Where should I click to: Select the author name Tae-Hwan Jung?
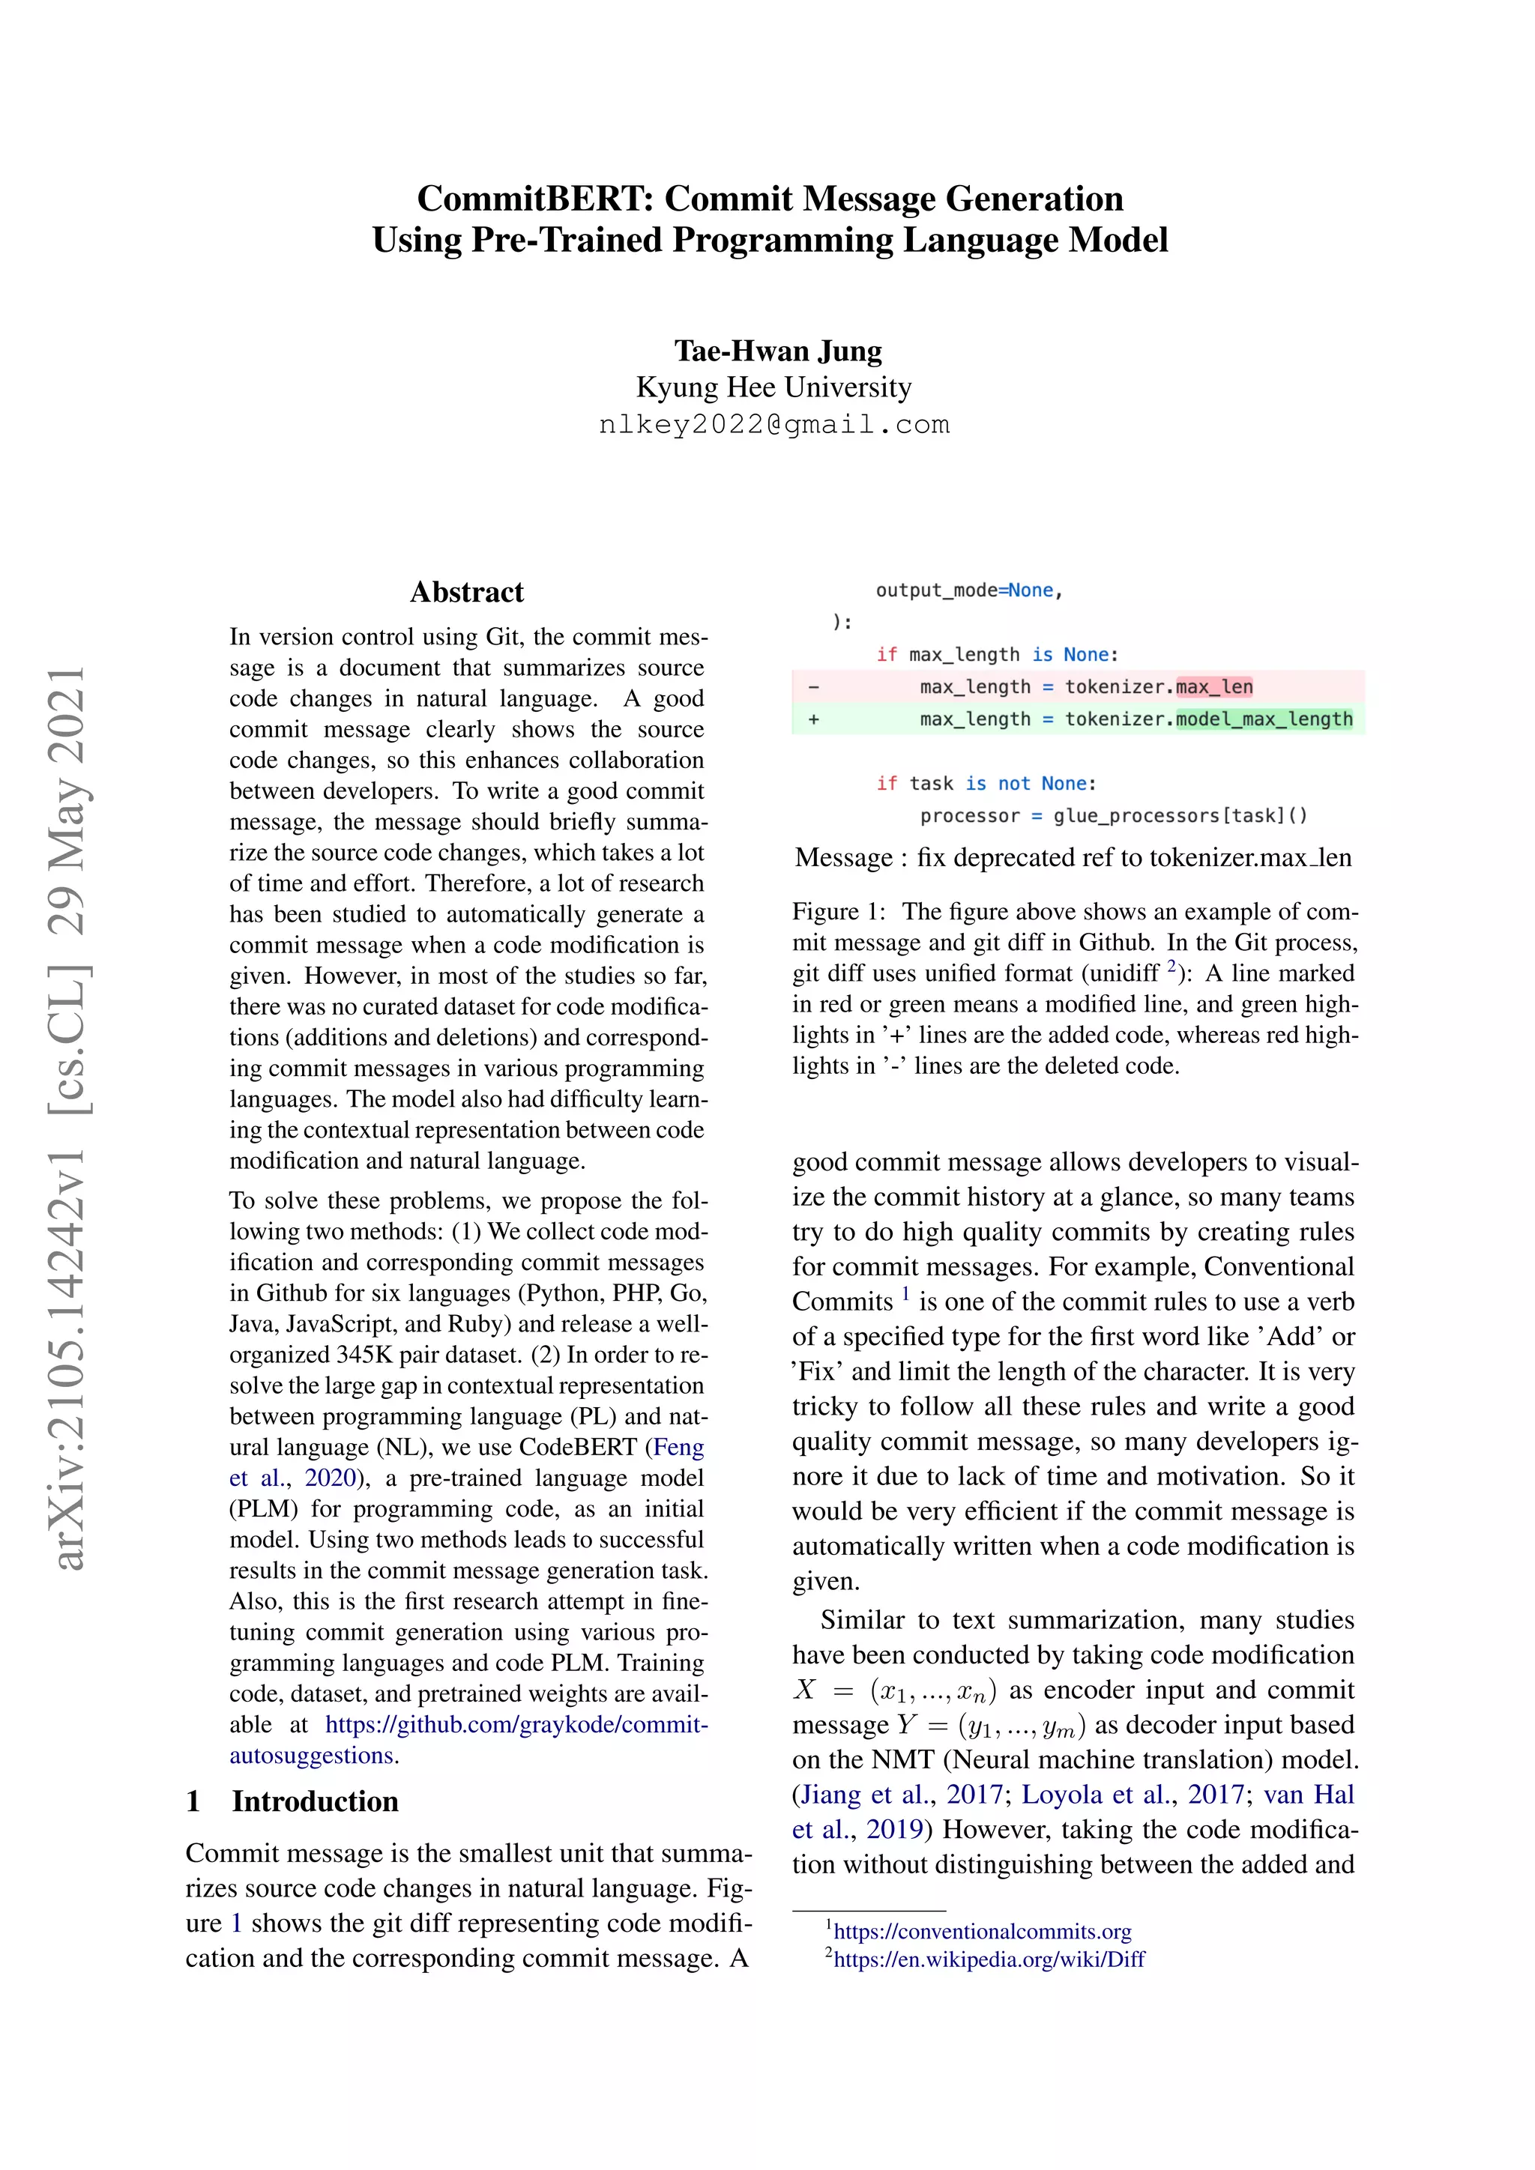[777, 351]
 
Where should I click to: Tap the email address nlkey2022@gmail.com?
[773, 424]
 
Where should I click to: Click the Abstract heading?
[466, 592]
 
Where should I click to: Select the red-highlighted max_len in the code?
[1213, 687]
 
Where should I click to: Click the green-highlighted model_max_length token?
[1264, 719]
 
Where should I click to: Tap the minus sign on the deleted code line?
[814, 687]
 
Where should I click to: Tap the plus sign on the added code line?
[814, 719]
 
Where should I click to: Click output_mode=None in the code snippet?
[968, 590]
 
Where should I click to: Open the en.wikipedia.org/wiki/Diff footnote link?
[989, 1959]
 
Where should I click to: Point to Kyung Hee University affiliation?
[773, 387]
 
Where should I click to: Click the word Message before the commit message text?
[843, 857]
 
